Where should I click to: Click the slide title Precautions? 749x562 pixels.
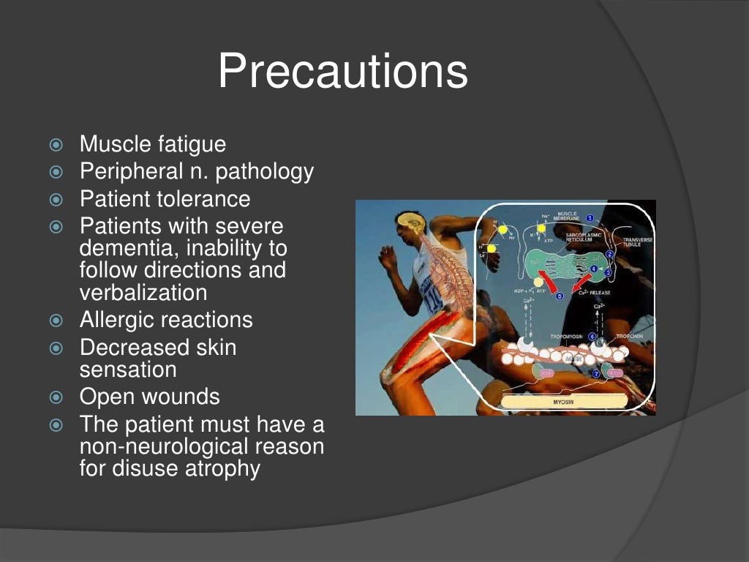[x=342, y=72]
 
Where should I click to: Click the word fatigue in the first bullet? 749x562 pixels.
[x=192, y=144]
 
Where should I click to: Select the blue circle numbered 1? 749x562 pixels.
[x=590, y=218]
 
